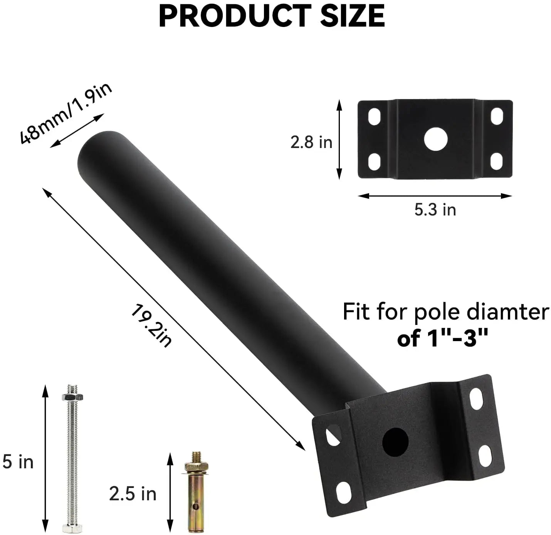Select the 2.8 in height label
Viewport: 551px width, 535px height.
[311, 143]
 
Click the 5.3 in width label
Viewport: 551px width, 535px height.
[435, 210]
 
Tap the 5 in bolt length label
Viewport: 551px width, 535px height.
[18, 462]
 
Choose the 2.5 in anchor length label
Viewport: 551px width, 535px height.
[133, 494]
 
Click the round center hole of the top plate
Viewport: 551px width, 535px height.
[436, 139]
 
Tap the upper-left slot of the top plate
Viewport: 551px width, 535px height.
[374, 117]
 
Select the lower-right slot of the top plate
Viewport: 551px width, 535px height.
[497, 162]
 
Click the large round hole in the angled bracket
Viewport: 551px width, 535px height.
[395, 442]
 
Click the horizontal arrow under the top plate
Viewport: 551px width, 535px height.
[435, 196]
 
